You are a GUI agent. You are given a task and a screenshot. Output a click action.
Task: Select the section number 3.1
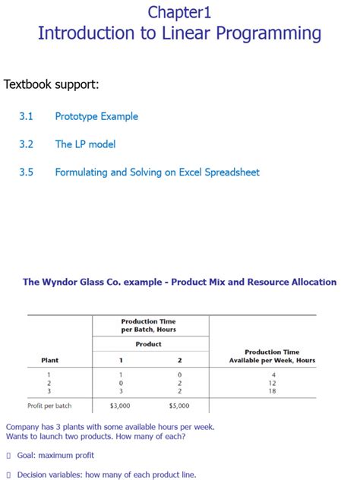[x=27, y=116]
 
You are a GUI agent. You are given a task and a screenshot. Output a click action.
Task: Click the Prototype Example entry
[x=96, y=116]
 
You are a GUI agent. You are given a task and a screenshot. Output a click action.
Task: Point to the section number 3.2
[x=27, y=144]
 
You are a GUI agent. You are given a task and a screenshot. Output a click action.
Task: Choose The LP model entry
[x=85, y=144]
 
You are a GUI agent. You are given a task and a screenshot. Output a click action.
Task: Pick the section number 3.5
[x=27, y=172]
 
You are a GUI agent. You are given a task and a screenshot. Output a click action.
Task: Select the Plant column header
[x=49, y=360]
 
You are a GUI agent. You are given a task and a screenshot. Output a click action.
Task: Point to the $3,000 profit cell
[x=120, y=406]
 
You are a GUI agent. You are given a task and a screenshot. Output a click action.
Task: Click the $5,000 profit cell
[x=179, y=406]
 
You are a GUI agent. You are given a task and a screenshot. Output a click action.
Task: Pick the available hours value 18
[x=272, y=391]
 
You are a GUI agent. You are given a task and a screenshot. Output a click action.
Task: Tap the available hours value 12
[x=272, y=384]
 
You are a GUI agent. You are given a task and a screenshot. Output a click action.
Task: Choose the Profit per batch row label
[x=49, y=406]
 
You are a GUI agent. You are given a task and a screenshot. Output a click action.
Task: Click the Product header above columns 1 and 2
[x=148, y=344]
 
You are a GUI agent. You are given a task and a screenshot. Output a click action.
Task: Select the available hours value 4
[x=272, y=375]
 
